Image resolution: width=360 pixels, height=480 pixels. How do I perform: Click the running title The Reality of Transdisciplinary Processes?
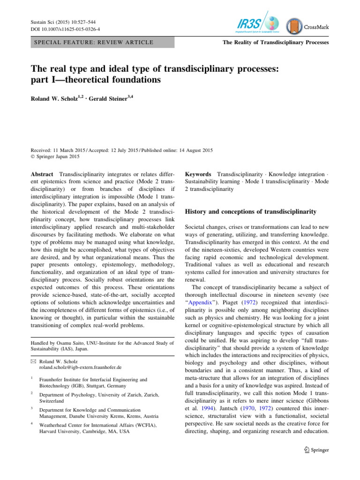(276, 43)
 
